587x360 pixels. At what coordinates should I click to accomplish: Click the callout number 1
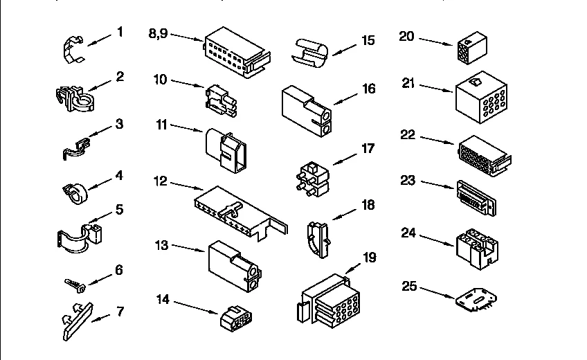[120, 32]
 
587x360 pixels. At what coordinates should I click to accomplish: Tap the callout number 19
[370, 258]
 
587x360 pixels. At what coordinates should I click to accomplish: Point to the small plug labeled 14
[235, 318]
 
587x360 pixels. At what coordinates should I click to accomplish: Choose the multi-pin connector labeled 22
[483, 154]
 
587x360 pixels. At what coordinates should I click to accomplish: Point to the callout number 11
[161, 125]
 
